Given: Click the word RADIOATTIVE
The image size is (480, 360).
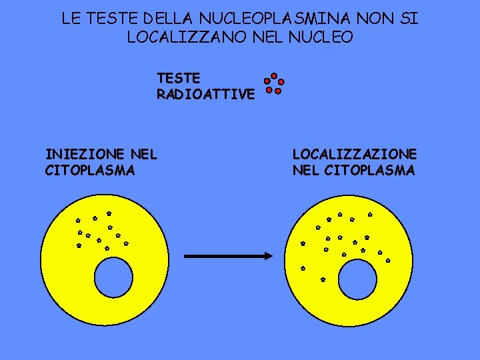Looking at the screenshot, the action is [205, 95].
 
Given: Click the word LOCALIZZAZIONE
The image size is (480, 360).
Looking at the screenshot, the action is [354, 155].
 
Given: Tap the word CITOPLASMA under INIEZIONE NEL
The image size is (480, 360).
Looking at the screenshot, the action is [90, 171].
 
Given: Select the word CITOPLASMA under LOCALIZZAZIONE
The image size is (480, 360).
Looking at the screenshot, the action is [369, 171].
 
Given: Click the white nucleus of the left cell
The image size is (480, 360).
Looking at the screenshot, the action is [114, 277].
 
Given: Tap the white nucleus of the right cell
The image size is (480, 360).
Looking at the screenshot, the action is [357, 278].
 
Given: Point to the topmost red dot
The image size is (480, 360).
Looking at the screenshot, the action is [274, 75].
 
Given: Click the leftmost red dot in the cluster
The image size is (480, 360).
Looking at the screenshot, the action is [267, 82].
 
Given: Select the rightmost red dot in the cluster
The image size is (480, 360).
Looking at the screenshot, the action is [281, 82].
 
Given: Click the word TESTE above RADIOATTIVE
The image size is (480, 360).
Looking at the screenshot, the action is [178, 79].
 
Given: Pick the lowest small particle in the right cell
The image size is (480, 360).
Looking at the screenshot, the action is [323, 279].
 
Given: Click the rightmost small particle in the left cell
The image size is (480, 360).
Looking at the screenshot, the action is [125, 243].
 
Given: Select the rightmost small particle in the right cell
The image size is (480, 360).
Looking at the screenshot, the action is [388, 260].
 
